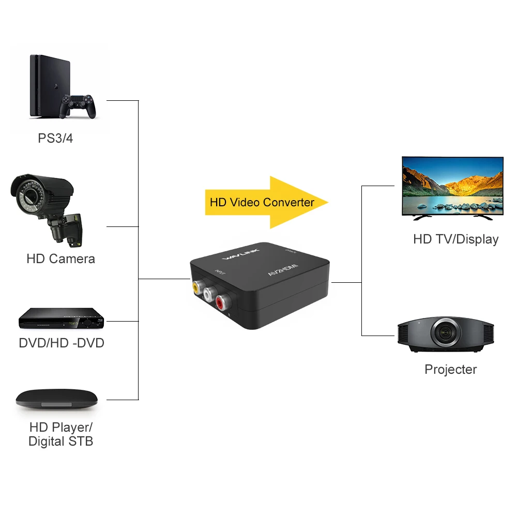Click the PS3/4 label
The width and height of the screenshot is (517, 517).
coord(55,139)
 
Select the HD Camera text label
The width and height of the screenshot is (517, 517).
coord(60,258)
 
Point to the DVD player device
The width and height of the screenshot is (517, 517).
coord(59,318)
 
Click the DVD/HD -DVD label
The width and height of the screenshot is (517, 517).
coord(62,343)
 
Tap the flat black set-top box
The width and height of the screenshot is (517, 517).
coord(56,399)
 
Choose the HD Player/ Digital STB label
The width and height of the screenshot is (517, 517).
coord(60,434)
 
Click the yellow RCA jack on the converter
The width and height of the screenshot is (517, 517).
coord(197,286)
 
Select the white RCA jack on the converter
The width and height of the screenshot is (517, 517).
coord(209,295)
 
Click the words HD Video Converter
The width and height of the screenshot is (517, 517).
coord(262,202)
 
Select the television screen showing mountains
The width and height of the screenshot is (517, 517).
coord(452,186)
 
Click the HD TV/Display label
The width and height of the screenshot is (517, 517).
coord(455,239)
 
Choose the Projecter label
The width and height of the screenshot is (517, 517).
coord(450,369)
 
